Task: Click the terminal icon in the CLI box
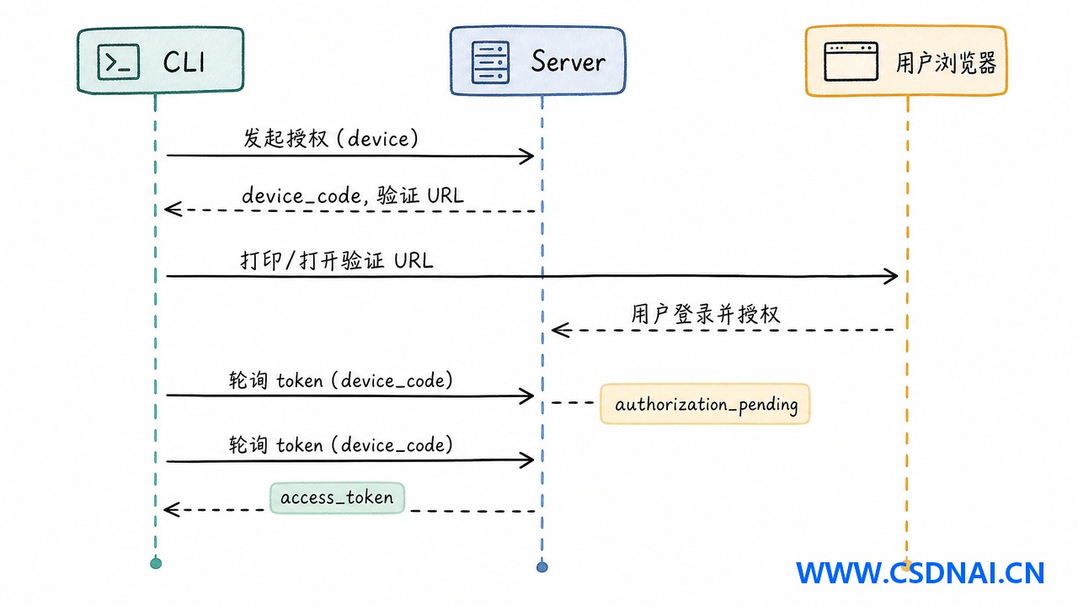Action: tap(119, 62)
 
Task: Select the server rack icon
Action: tap(490, 62)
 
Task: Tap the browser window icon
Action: tap(851, 61)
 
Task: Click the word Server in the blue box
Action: tap(568, 61)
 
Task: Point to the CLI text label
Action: tap(184, 62)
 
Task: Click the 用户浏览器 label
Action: tap(946, 63)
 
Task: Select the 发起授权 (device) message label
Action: tap(331, 139)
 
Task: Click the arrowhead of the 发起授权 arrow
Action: tap(527, 156)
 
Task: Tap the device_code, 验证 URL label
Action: tap(353, 195)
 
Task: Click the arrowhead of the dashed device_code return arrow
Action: tap(173, 210)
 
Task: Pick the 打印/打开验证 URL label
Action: tap(337, 261)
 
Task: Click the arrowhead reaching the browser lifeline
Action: tap(891, 276)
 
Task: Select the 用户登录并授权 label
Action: tap(705, 315)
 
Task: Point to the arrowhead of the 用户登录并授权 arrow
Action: tap(560, 330)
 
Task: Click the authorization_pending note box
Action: tap(705, 404)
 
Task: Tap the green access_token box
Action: tap(337, 497)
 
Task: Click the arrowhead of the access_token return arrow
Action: tap(172, 509)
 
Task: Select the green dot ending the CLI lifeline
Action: tap(156, 563)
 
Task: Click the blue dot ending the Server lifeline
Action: tap(542, 567)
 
